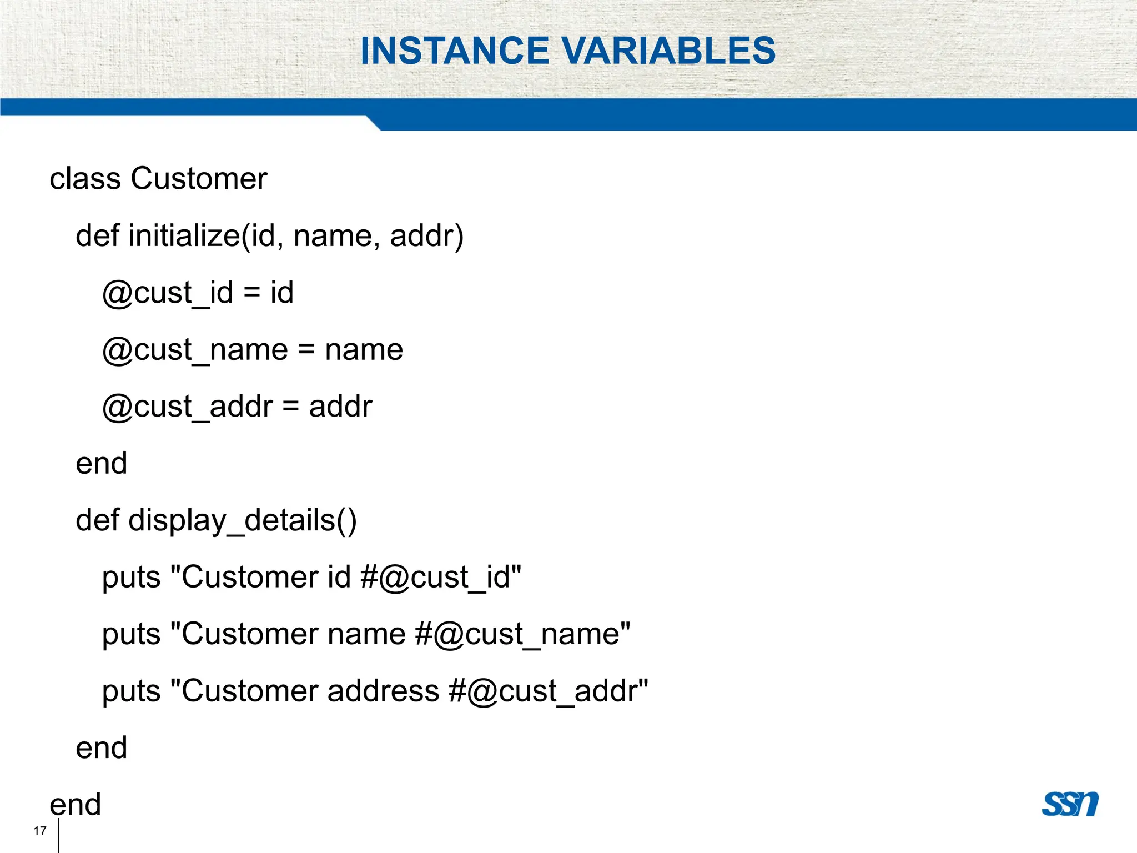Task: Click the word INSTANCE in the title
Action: [455, 51]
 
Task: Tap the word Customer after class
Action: [199, 179]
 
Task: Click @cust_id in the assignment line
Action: [167, 293]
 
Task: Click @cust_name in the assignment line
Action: [195, 350]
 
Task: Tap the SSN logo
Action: [1070, 804]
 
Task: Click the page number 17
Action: [39, 831]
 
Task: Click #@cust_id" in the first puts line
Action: [440, 578]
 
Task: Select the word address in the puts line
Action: [383, 691]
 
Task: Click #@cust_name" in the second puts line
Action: [522, 635]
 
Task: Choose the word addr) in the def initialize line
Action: [426, 236]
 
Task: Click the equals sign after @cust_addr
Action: [290, 407]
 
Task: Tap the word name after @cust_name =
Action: [364, 350]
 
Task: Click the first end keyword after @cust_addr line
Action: [101, 464]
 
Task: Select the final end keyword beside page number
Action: [75, 805]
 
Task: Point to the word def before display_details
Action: [97, 521]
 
